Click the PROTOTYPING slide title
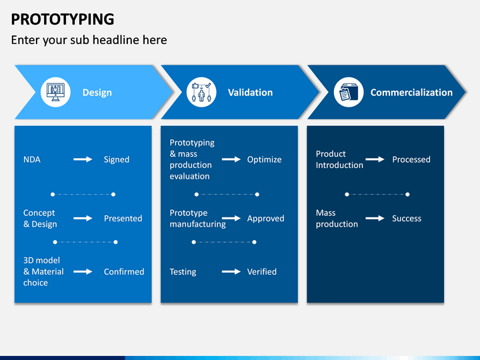click(63, 19)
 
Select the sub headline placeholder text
click(89, 40)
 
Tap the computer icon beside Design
click(55, 92)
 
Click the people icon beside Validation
click(201, 92)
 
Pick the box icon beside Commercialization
click(347, 92)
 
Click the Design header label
click(97, 93)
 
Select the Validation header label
click(250, 93)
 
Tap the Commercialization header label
click(411, 93)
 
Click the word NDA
click(31, 159)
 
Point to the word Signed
click(117, 159)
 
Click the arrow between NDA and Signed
click(83, 159)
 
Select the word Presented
click(123, 218)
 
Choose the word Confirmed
click(124, 271)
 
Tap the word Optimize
click(264, 159)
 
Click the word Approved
click(265, 218)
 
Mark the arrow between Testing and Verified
click(231, 271)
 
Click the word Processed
click(411, 159)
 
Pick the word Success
click(407, 218)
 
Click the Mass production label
click(337, 219)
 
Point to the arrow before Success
click(375, 218)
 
